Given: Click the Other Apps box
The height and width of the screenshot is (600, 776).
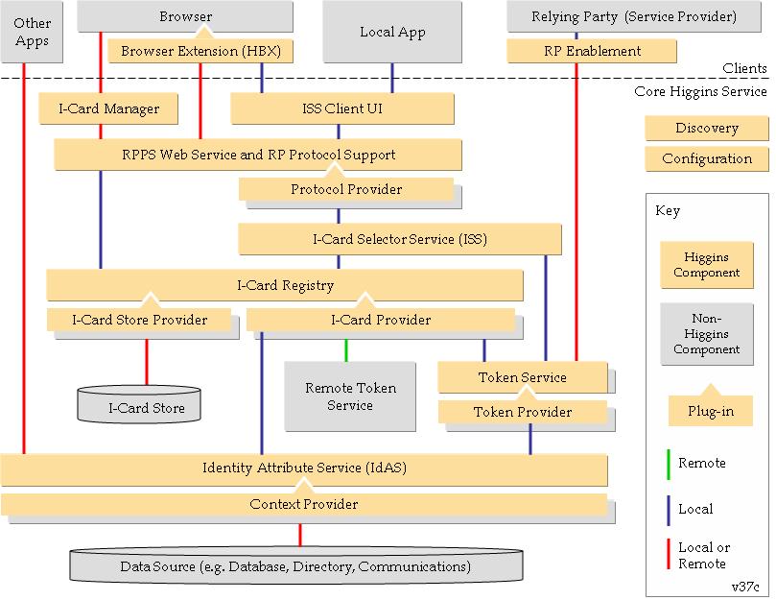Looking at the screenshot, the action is [x=32, y=32].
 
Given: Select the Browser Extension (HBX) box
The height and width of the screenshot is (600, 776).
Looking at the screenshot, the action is [x=200, y=51].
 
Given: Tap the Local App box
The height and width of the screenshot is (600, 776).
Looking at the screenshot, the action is [x=392, y=32].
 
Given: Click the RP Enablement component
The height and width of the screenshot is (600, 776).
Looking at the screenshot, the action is [x=592, y=51].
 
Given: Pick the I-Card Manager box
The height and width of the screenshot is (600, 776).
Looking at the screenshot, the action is [x=108, y=108].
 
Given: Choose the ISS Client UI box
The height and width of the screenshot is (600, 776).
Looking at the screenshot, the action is [x=342, y=108].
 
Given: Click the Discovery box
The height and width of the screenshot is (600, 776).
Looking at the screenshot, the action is [x=707, y=129].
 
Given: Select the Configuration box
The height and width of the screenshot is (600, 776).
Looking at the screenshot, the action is [x=707, y=159].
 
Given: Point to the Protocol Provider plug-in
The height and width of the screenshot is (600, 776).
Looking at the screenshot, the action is [x=346, y=189].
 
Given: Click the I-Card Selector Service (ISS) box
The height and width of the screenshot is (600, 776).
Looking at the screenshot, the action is [x=400, y=239].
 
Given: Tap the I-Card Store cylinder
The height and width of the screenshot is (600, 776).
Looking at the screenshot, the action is [x=139, y=404].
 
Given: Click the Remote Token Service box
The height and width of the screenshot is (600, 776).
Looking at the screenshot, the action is [x=350, y=396].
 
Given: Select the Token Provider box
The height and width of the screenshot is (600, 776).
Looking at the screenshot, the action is [x=523, y=412].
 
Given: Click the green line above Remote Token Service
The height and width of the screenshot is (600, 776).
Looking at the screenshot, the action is [x=346, y=350].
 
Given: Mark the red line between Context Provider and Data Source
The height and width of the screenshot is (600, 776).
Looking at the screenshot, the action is [x=300, y=535].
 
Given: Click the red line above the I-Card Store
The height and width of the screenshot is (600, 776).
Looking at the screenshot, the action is [x=147, y=362].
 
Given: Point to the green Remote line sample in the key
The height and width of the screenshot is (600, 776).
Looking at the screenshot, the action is [x=669, y=465].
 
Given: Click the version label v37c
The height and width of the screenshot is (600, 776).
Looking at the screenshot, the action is [x=745, y=588].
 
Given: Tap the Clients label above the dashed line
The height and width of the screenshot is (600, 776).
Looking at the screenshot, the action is [x=744, y=68].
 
